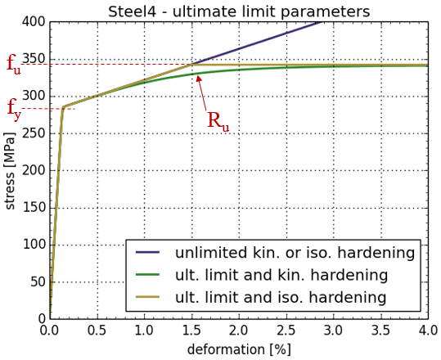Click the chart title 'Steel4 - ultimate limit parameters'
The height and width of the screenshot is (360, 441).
point(239,11)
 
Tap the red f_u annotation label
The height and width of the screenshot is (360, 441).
point(14,65)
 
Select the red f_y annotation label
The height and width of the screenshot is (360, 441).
point(14,110)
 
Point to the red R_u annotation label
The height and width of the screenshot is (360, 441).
point(218,121)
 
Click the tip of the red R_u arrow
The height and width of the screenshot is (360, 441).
point(197,74)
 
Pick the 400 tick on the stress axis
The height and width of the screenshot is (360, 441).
point(34,21)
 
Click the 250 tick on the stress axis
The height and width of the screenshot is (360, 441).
point(34,133)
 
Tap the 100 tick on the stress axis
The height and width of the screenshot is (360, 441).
point(34,245)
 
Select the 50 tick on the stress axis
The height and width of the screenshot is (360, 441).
point(38,281)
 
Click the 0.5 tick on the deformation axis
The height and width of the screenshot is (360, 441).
point(97,331)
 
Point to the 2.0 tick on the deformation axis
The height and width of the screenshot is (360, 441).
point(239,331)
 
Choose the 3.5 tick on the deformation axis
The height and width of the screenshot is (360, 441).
point(380,331)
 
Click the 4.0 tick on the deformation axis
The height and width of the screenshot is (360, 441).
point(428,331)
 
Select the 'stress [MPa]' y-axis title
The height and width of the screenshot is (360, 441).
point(10,170)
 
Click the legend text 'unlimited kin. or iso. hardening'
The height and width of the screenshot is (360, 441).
point(295,253)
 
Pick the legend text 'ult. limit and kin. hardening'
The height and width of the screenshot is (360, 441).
point(281,275)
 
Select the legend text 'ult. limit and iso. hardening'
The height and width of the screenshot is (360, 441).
point(281,297)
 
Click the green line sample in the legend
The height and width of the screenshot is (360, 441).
point(147,275)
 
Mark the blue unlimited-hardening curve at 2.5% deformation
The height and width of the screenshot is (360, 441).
point(286,33)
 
